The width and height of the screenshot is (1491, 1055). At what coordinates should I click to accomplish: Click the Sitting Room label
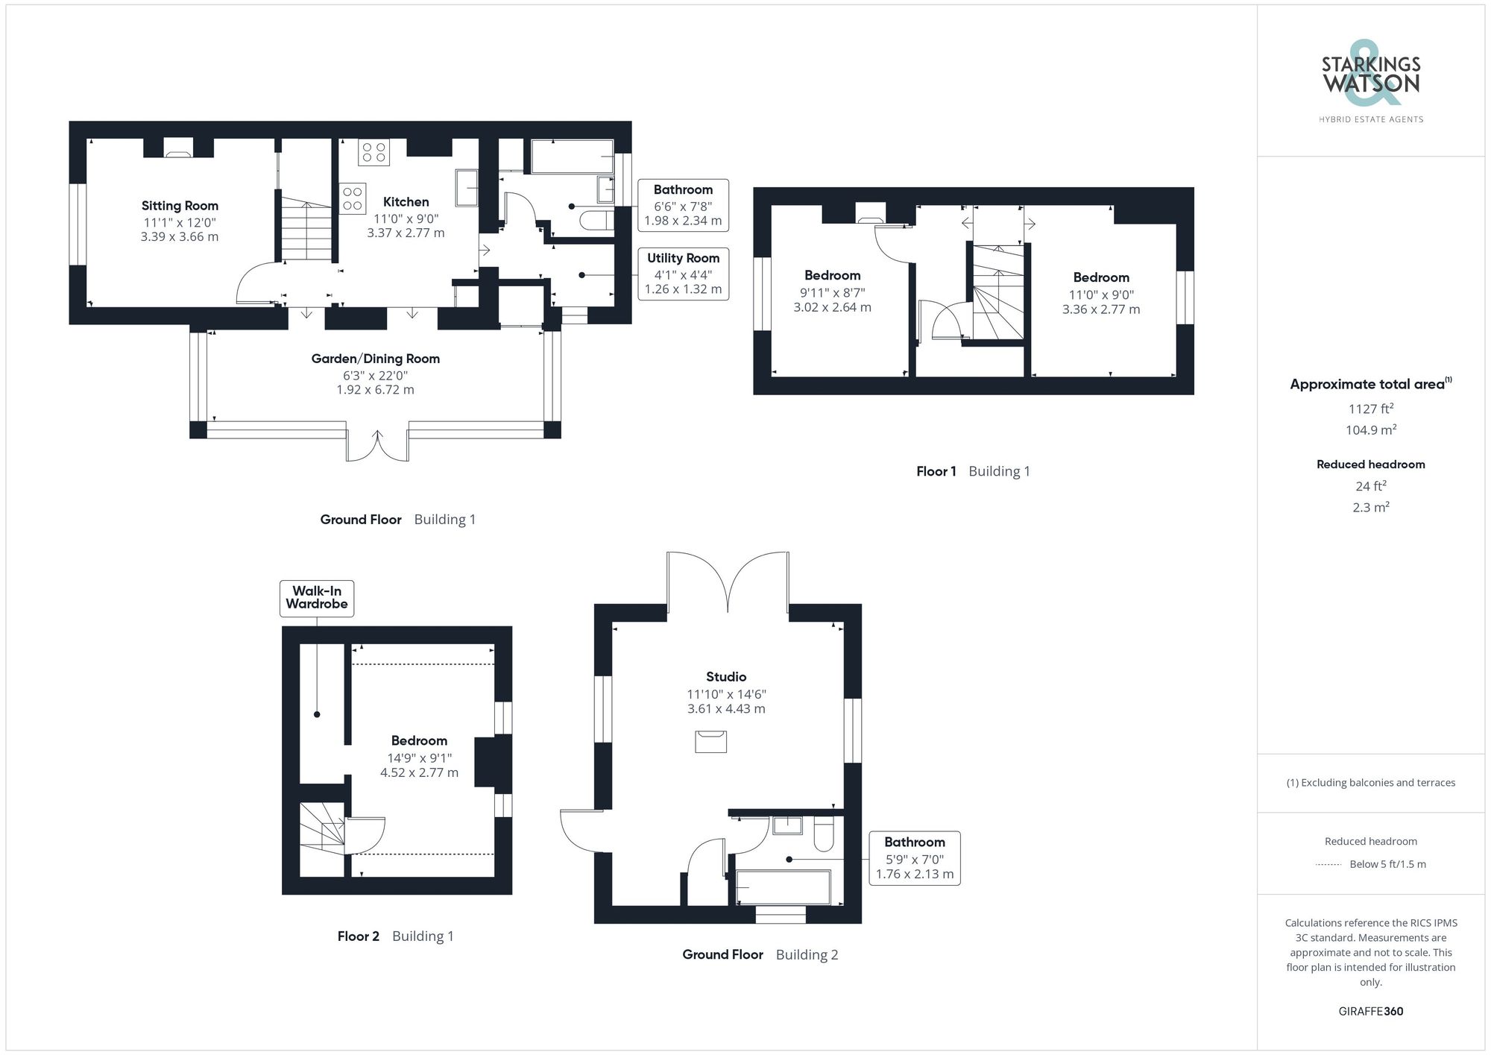pos(180,206)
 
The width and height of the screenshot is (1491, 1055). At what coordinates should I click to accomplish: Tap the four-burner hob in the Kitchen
pos(373,152)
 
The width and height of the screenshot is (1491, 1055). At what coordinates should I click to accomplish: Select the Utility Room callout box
pos(683,274)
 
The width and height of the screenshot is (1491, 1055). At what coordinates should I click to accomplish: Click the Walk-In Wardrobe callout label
pos(317,598)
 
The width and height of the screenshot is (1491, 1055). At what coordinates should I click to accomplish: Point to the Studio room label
pos(726,677)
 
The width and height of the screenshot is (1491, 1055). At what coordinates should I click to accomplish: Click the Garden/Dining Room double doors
pos(377,446)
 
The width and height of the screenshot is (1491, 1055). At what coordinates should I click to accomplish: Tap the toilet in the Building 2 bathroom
pos(823,834)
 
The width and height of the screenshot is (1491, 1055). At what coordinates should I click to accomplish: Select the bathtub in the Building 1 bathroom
pos(572,157)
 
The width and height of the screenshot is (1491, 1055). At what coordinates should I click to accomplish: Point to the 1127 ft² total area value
pos(1370,409)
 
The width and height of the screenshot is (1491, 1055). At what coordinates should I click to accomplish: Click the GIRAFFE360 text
pos(1370,1012)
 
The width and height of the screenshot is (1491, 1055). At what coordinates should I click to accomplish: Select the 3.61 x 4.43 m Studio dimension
pos(726,709)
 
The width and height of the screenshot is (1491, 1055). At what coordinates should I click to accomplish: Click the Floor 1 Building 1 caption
pos(973,471)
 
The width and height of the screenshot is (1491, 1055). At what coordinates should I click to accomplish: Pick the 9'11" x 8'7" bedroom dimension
pos(832,293)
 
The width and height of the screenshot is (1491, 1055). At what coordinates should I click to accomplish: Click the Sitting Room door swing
pos(256,283)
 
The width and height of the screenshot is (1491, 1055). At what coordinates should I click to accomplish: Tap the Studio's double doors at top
pos(728,582)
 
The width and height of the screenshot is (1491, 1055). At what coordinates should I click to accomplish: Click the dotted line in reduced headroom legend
pos(1328,865)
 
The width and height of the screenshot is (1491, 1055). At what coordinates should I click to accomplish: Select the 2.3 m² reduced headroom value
pos(1370,508)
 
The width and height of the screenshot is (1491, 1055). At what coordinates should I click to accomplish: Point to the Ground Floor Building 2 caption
pos(760,955)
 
